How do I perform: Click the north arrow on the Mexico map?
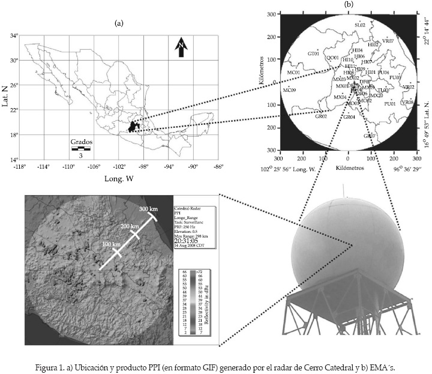[179, 47]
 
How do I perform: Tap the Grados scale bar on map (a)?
[80, 147]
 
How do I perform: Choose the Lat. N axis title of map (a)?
[5, 97]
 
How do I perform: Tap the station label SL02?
[359, 25]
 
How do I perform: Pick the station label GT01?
[313, 53]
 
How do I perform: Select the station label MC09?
[290, 90]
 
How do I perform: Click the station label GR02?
[321, 116]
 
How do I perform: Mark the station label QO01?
[332, 58]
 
